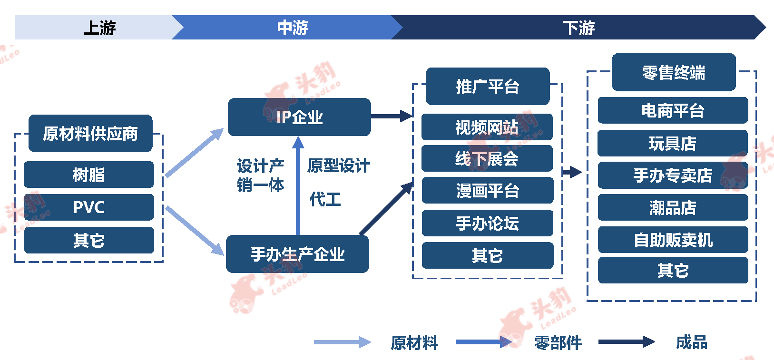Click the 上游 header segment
point(93,27)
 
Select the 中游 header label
point(293,27)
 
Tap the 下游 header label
point(579,28)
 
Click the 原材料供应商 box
point(90,133)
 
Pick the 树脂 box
point(89,175)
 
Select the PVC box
point(89,207)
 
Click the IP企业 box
point(299,117)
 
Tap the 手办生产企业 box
point(297,254)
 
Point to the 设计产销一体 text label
point(261,175)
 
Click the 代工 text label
point(325,199)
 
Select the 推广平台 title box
point(488,86)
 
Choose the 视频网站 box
point(487,127)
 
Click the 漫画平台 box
point(488,190)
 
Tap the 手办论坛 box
point(488,223)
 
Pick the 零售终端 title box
point(674,72)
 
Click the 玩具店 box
point(673,143)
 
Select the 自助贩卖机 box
point(673,240)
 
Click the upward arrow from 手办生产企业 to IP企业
point(298,186)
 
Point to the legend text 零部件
point(558,343)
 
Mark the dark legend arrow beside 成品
point(627,342)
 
